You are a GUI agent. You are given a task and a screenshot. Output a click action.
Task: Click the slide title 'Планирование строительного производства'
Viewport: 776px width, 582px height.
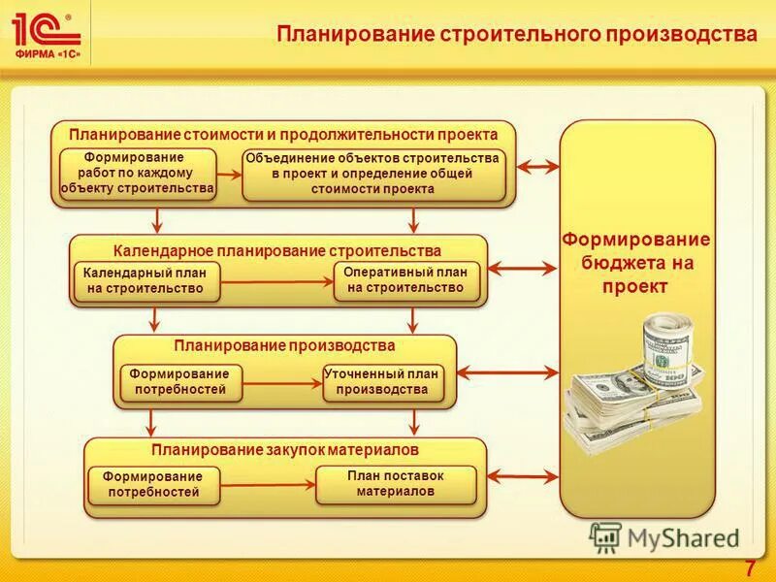[517, 34]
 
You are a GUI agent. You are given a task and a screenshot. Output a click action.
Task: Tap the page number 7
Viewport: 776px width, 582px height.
[750, 567]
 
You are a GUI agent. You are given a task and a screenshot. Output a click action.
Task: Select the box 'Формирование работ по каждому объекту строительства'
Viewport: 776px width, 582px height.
[137, 174]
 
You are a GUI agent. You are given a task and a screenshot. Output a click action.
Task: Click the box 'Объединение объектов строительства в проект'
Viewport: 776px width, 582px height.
[373, 174]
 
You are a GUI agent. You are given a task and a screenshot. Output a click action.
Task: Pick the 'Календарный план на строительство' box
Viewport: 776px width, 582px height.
[145, 280]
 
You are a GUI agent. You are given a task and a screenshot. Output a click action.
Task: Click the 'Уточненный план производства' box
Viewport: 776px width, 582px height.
[382, 382]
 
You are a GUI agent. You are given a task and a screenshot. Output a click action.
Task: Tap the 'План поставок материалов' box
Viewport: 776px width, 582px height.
[396, 483]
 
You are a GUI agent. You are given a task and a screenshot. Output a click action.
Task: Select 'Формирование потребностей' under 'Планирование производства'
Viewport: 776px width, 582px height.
[179, 382]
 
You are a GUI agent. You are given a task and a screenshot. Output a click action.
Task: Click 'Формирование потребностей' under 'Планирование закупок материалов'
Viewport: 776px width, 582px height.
[153, 484]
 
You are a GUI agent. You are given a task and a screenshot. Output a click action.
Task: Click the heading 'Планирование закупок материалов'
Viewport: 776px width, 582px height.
[284, 450]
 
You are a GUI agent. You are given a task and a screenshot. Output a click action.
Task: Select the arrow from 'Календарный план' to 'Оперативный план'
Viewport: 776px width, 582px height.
[276, 281]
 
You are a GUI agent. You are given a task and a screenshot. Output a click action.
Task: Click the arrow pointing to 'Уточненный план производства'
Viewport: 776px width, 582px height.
[281, 383]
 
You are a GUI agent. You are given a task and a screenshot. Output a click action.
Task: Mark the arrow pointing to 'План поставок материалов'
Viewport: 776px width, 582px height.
[268, 485]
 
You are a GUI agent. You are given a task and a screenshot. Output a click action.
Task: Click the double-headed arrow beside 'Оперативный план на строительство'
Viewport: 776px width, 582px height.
[524, 268]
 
